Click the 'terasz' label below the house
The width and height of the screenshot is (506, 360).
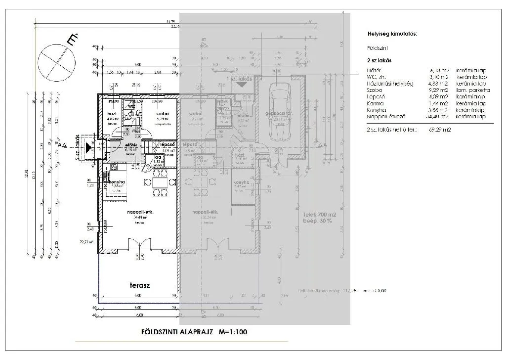coord(139,285)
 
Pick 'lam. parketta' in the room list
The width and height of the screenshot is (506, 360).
coord(473,90)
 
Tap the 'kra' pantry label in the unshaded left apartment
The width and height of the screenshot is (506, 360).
coord(158,157)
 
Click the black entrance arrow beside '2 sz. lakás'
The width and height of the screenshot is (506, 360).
coord(88,147)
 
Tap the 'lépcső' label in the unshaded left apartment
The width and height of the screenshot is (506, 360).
coord(165,144)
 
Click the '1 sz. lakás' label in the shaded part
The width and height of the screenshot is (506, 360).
coord(239,79)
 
